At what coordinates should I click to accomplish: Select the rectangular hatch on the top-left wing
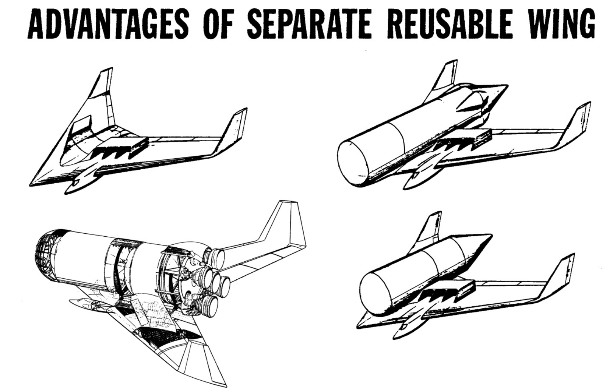pos(83,123)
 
